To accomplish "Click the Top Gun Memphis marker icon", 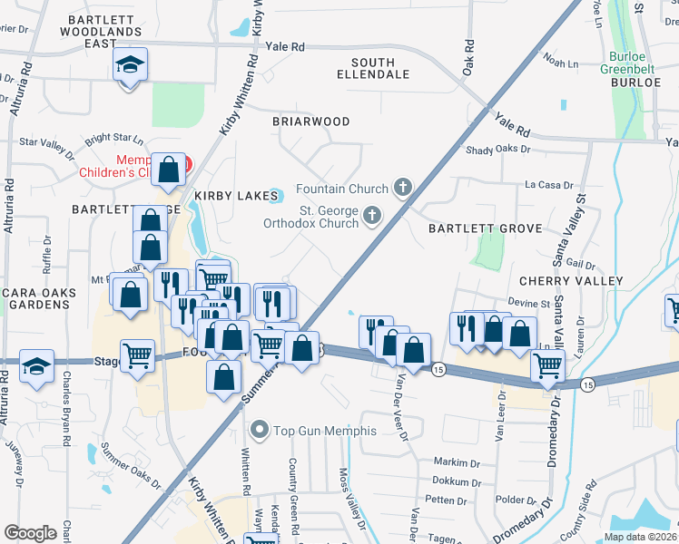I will tap(261, 430).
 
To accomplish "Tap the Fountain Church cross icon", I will tap(403, 189).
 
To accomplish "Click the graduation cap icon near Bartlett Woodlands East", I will tap(130, 65).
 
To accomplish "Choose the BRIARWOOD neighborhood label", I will tap(311, 121).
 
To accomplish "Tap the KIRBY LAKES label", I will tap(231, 195).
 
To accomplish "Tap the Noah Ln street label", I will tap(560, 63).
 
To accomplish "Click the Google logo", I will tap(30, 532).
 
